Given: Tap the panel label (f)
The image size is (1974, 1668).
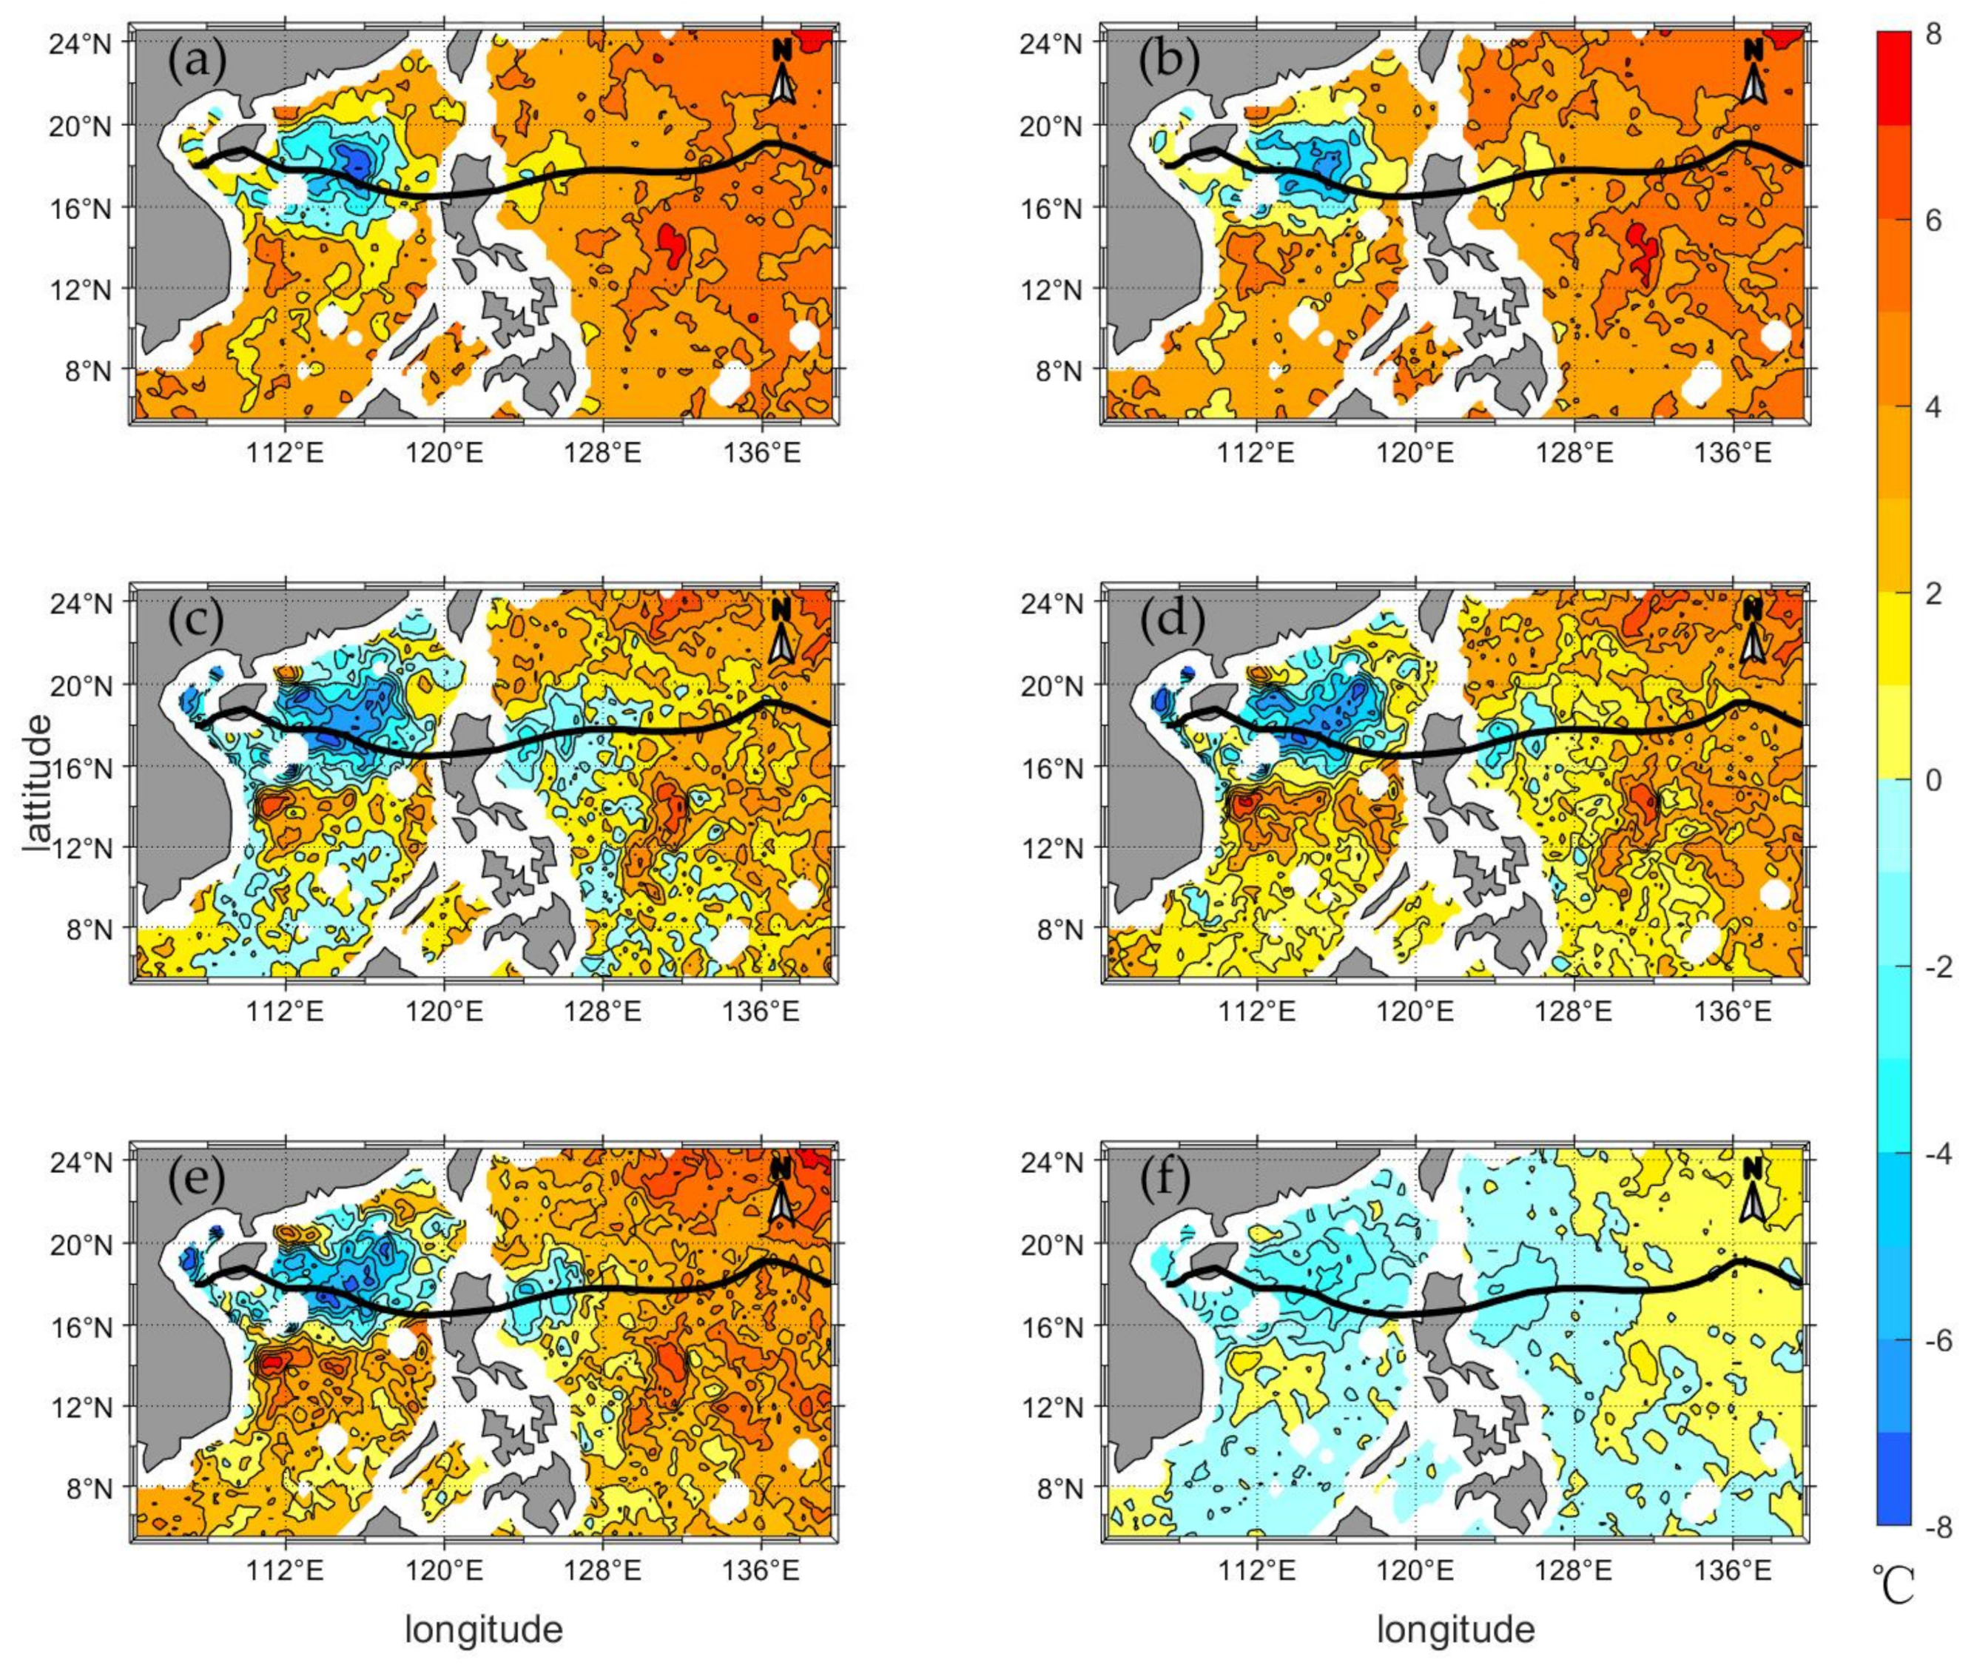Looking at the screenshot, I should (x=1170, y=1180).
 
